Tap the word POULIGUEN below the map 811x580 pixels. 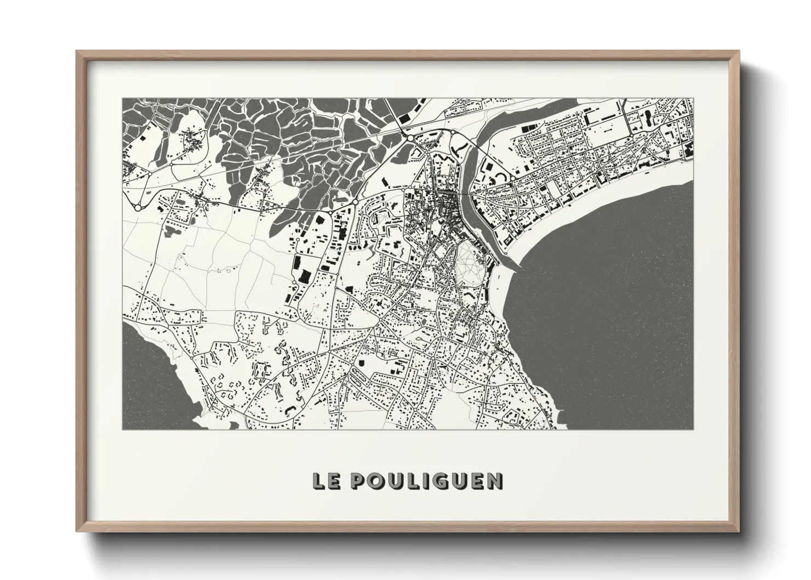(x=425, y=481)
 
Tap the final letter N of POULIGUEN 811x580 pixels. (x=495, y=481)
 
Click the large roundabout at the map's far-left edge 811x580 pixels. (x=138, y=208)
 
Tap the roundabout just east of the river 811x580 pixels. (x=512, y=178)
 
